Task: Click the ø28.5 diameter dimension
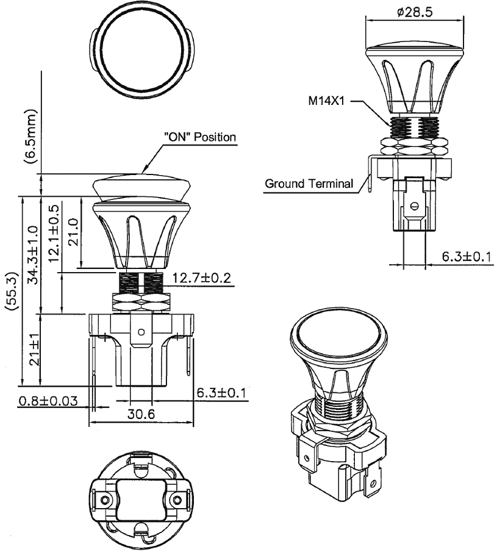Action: pyautogui.click(x=413, y=12)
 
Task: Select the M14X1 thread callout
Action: pyautogui.click(x=326, y=102)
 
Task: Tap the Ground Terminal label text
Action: pyautogui.click(x=309, y=182)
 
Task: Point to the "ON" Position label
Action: pyautogui.click(x=199, y=137)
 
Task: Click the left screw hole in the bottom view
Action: pyautogui.click(x=107, y=500)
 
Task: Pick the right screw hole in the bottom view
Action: pyautogui.click(x=177, y=500)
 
